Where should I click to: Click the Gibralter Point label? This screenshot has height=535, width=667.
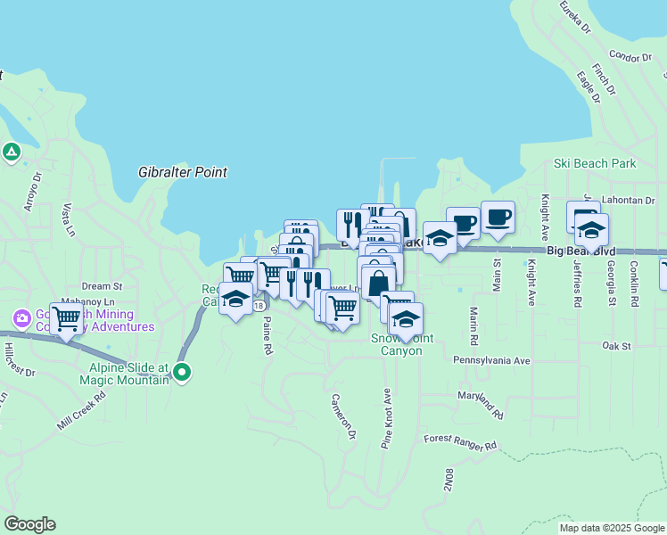tap(183, 172)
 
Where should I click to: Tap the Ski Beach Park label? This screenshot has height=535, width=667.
tap(595, 163)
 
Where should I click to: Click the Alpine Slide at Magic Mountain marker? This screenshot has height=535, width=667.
tap(182, 372)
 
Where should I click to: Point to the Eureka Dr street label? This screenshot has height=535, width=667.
tap(575, 16)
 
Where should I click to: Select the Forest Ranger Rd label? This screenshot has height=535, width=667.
tap(460, 440)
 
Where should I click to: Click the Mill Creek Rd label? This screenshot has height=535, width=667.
tap(81, 409)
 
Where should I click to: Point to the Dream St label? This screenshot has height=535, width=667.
tap(102, 286)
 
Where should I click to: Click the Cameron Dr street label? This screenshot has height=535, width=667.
tap(343, 416)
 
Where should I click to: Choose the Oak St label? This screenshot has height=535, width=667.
tap(616, 345)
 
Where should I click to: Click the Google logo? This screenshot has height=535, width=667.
tap(29, 524)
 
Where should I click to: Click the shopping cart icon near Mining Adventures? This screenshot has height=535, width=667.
tap(66, 317)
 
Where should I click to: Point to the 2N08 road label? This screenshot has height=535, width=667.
tap(448, 481)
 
